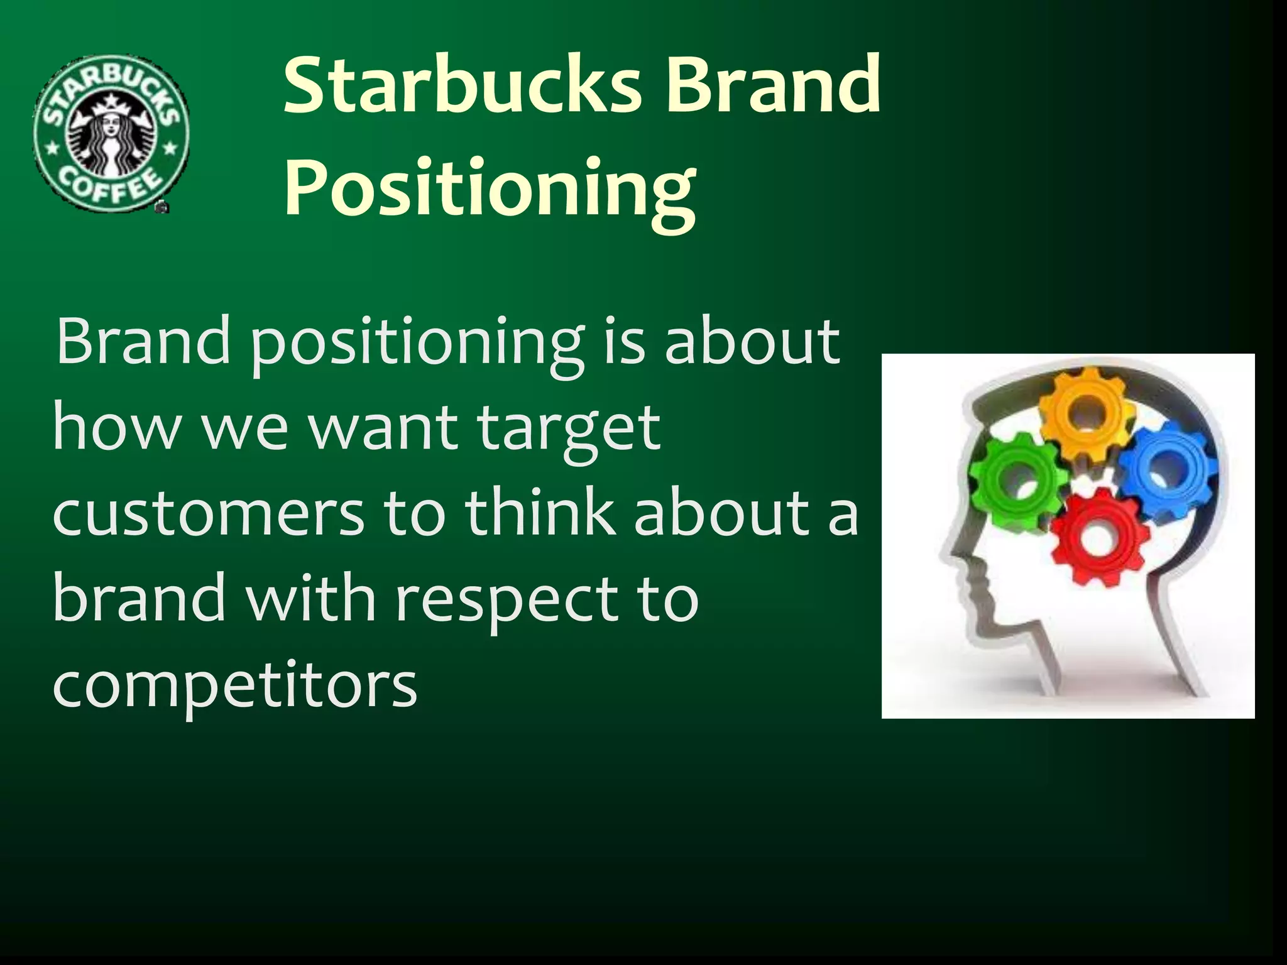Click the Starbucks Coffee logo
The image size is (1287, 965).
111,133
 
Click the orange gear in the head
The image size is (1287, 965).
1088,415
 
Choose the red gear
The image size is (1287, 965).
1098,538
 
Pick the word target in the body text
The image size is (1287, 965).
569,429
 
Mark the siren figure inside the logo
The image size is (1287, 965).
111,138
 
